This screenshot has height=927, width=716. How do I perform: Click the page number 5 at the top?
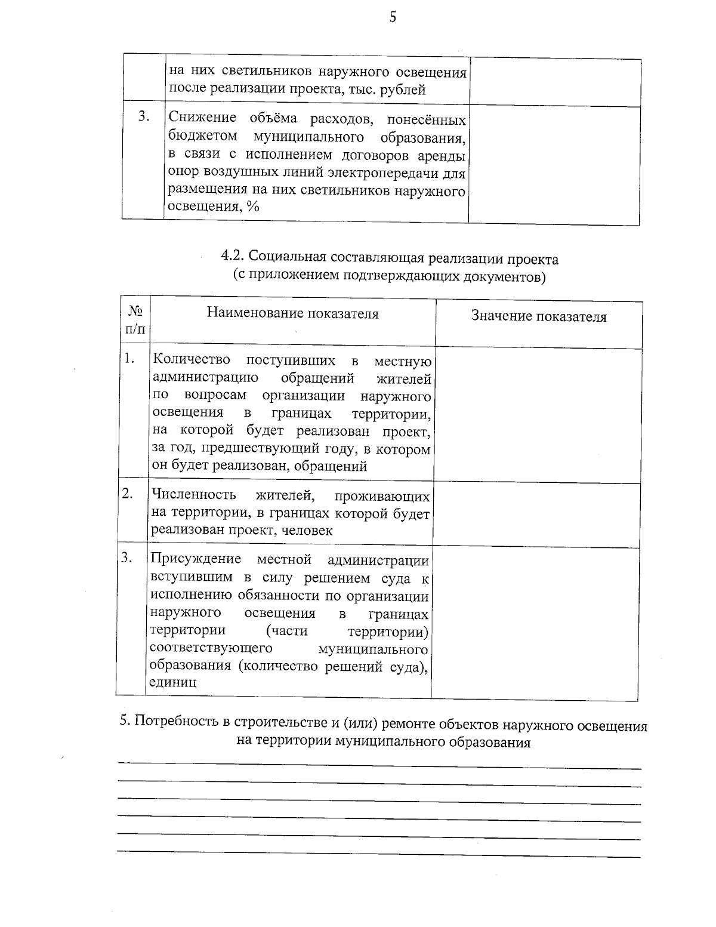[392, 17]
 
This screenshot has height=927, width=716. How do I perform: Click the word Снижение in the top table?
[195, 118]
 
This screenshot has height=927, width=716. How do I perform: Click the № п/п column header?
[135, 320]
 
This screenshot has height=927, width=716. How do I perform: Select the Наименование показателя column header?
[292, 313]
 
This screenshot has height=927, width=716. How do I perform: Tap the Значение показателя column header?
[539, 316]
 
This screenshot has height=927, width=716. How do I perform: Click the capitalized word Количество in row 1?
[192, 360]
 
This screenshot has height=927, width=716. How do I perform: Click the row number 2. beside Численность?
[127, 493]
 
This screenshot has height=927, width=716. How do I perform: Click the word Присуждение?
[196, 559]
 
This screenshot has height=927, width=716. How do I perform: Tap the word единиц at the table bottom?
[173, 683]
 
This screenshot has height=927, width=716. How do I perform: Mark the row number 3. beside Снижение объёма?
[144, 116]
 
